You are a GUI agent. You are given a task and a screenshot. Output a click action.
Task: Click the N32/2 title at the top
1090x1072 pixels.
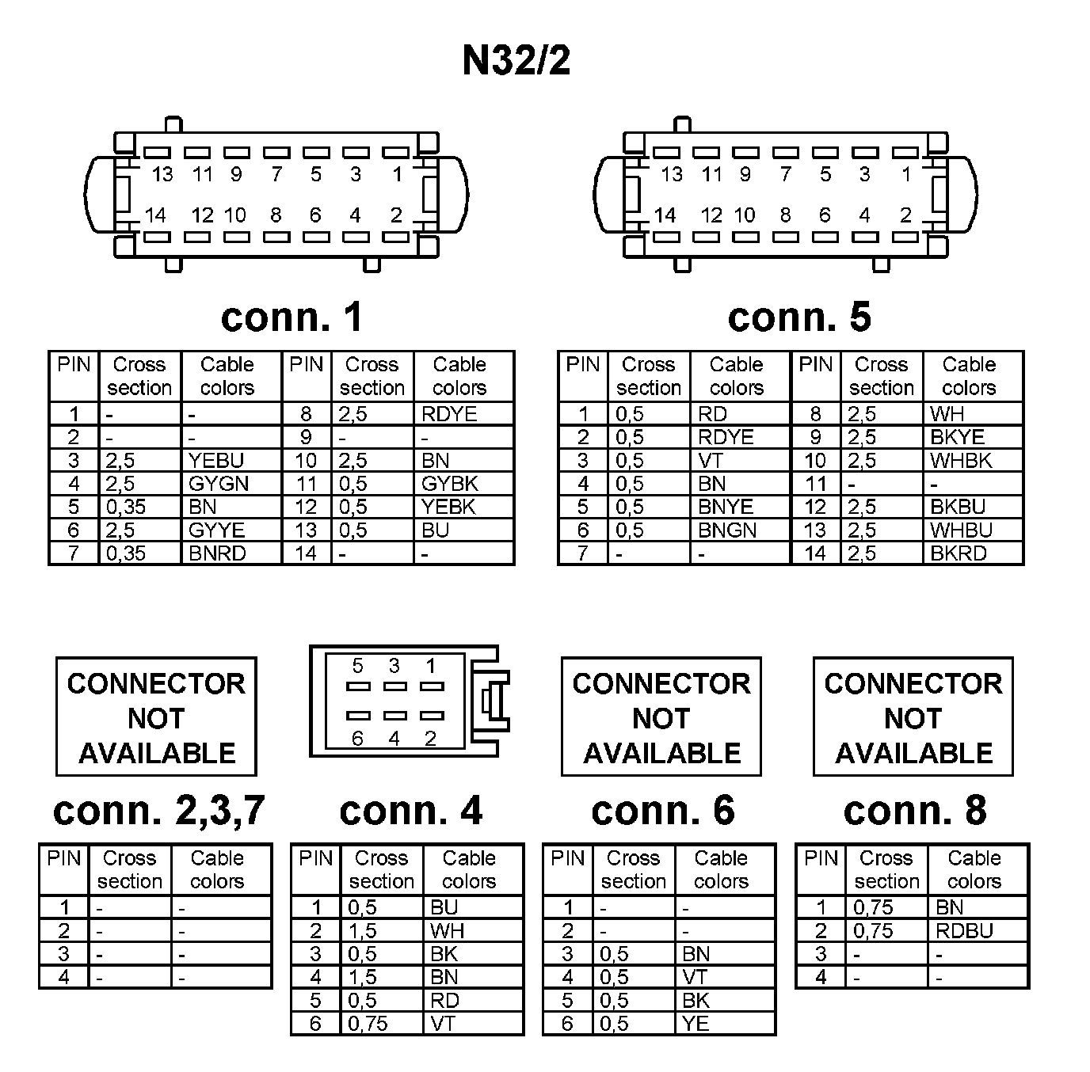coord(516,60)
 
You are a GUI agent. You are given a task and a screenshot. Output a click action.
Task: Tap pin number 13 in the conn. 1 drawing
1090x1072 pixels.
coord(162,174)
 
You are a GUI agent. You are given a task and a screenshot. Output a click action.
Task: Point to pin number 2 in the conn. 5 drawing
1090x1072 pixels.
coord(905,215)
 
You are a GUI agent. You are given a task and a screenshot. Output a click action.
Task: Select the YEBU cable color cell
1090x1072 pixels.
coord(216,461)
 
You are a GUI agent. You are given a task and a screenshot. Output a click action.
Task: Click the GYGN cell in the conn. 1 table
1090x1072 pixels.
coord(219,484)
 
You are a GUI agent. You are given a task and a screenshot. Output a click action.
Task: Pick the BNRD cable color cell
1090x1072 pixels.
coord(217,553)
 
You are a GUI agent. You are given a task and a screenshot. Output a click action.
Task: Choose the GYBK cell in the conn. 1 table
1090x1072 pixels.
coord(450,484)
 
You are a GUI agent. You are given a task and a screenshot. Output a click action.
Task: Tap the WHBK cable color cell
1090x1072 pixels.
coord(961,461)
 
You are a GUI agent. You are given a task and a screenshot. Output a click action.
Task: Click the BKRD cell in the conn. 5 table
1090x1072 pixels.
coord(959,553)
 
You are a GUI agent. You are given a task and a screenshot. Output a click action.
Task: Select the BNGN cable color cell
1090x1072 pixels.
coord(727,530)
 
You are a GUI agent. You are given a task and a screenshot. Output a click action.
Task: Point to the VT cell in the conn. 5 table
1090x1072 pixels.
coord(711,461)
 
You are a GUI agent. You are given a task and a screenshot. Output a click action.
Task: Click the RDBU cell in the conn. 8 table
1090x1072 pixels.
coord(964,931)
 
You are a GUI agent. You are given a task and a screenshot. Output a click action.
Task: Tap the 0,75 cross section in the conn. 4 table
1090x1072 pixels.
coord(368,1024)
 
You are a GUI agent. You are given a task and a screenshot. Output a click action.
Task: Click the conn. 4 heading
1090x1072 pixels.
coord(410,810)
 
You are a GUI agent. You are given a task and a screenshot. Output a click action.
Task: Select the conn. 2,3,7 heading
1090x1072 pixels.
coord(158,810)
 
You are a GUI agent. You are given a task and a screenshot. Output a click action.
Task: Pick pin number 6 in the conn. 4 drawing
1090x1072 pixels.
coord(357,739)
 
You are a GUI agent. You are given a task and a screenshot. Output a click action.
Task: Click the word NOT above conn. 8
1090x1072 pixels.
coord(913,718)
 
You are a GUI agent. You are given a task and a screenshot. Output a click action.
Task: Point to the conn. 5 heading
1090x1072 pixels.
coord(799,317)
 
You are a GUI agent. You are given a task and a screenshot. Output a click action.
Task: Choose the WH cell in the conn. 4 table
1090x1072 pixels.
coord(447,931)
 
